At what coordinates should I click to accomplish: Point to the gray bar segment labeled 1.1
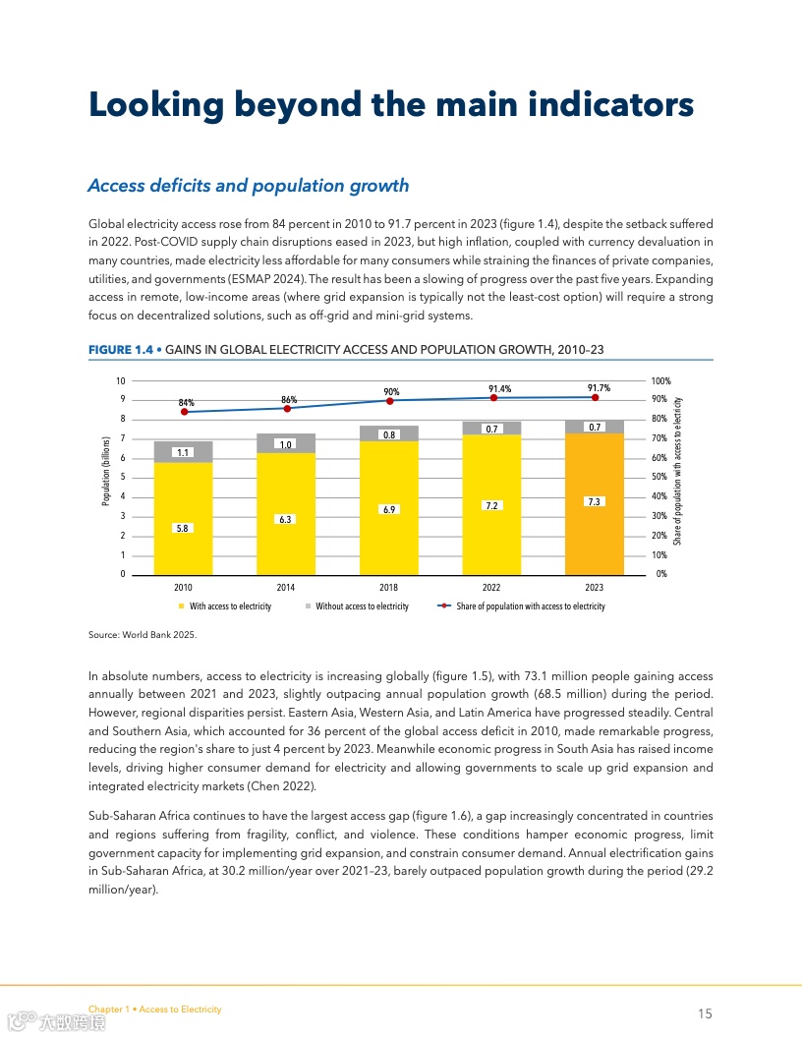[184, 452]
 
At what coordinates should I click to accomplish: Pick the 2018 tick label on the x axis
[389, 588]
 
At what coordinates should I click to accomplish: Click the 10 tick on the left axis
[121, 380]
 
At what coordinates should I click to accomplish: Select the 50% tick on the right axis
[659, 478]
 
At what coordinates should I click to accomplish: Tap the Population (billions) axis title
[106, 471]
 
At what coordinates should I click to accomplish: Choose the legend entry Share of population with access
[530, 606]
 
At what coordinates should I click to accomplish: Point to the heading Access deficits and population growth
[248, 186]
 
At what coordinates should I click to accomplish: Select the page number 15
[705, 1013]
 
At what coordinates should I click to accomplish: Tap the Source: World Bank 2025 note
[143, 635]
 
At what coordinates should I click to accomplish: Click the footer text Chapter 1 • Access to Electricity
[154, 1009]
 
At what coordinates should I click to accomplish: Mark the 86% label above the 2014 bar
[289, 400]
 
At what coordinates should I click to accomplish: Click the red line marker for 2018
[390, 401]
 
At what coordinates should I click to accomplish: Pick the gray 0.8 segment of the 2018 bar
[390, 433]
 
